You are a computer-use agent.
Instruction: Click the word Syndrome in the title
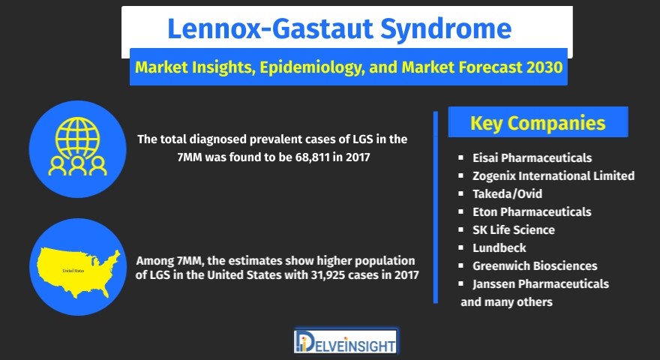(446, 29)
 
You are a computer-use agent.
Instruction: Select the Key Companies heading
(538, 123)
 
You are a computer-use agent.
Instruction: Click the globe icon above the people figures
(77, 137)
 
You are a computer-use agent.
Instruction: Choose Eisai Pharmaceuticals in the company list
(532, 158)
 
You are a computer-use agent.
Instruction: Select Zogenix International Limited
(553, 175)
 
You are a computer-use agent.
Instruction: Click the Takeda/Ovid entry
(507, 194)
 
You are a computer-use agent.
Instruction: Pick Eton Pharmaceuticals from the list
(532, 211)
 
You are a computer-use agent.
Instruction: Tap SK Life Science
(514, 230)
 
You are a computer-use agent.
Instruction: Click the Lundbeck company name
(499, 248)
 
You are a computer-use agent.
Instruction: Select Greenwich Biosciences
(535, 266)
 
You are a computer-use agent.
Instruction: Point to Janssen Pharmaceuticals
(541, 284)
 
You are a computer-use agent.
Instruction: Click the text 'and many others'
(506, 302)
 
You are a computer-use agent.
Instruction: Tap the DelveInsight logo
(345, 341)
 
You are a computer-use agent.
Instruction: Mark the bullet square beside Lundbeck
(461, 248)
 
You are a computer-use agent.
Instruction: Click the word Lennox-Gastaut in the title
(270, 29)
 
